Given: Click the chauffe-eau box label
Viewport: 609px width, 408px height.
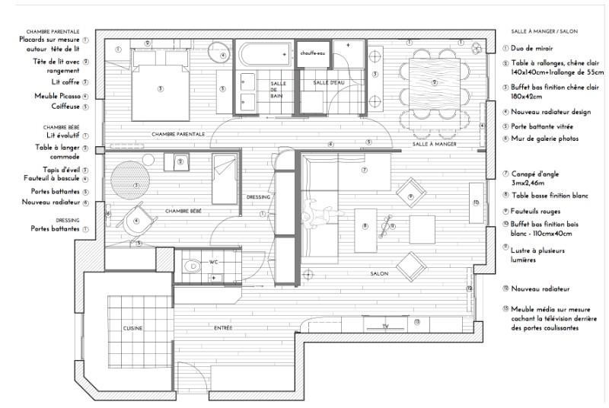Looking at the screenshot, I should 314,53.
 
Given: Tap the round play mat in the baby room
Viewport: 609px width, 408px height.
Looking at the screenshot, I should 127,183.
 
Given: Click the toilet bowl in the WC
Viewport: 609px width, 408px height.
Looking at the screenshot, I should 193,266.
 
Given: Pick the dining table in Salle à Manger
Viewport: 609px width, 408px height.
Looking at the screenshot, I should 435,82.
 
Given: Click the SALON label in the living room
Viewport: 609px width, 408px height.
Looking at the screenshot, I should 380,274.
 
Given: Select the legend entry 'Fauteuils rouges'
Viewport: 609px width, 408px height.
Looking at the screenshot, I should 542,210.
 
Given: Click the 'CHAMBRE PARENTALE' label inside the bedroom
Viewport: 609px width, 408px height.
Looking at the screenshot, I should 178,134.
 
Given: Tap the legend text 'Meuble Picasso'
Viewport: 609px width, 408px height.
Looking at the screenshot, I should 57,96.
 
